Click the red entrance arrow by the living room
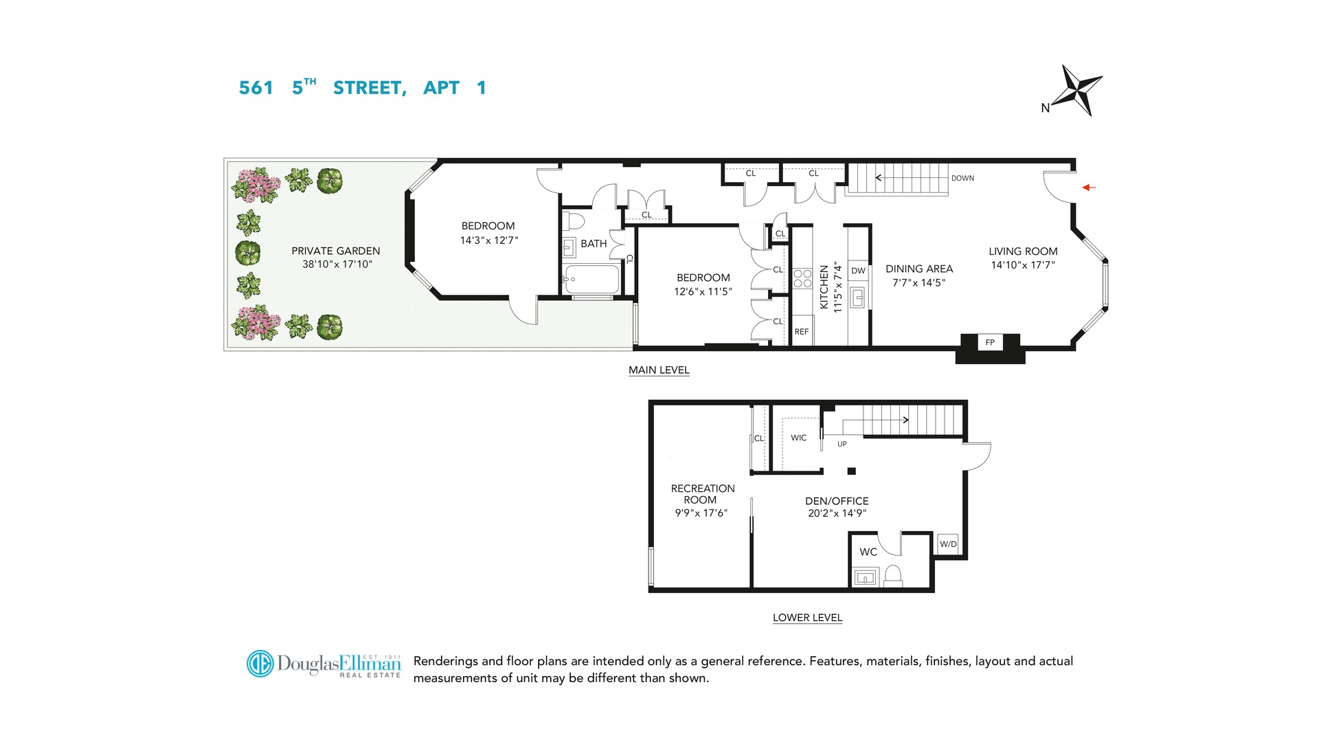point(1089,187)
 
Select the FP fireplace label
point(990,342)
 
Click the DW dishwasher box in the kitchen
point(858,271)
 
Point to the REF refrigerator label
point(802,332)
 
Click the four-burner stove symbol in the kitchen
point(802,278)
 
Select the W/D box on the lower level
point(948,544)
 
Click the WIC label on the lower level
point(798,438)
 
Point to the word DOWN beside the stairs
point(962,178)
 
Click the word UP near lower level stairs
point(842,444)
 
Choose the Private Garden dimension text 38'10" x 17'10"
point(337,264)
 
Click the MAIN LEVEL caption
point(659,370)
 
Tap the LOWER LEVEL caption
point(807,618)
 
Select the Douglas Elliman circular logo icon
point(260,664)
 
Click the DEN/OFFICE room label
point(837,501)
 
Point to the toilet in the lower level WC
point(892,575)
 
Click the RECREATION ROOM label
point(702,494)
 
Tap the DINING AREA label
point(918,269)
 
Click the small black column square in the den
point(851,471)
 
